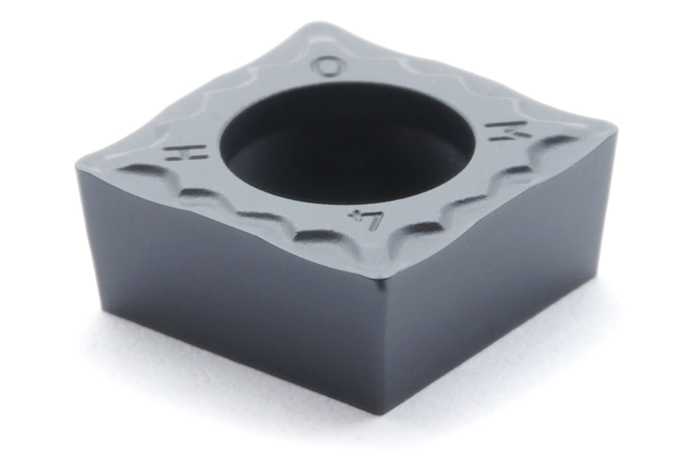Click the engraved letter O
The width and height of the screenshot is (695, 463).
tap(329, 66)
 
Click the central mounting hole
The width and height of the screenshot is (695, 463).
tap(347, 141)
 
